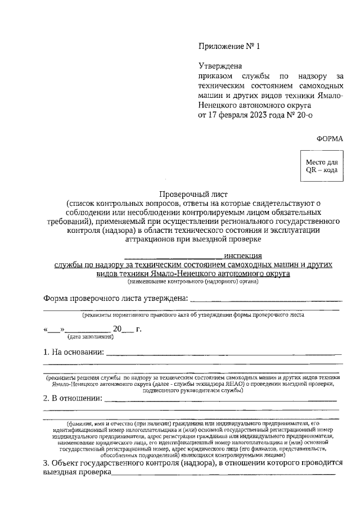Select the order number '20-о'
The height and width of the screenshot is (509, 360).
point(303,115)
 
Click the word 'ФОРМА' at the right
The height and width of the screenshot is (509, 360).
point(329,138)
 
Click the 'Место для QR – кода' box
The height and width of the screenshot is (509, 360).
point(321,166)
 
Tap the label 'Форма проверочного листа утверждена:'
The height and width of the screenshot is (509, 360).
point(115,298)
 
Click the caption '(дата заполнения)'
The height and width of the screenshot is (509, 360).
point(91,337)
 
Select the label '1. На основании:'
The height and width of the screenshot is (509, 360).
point(74,353)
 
